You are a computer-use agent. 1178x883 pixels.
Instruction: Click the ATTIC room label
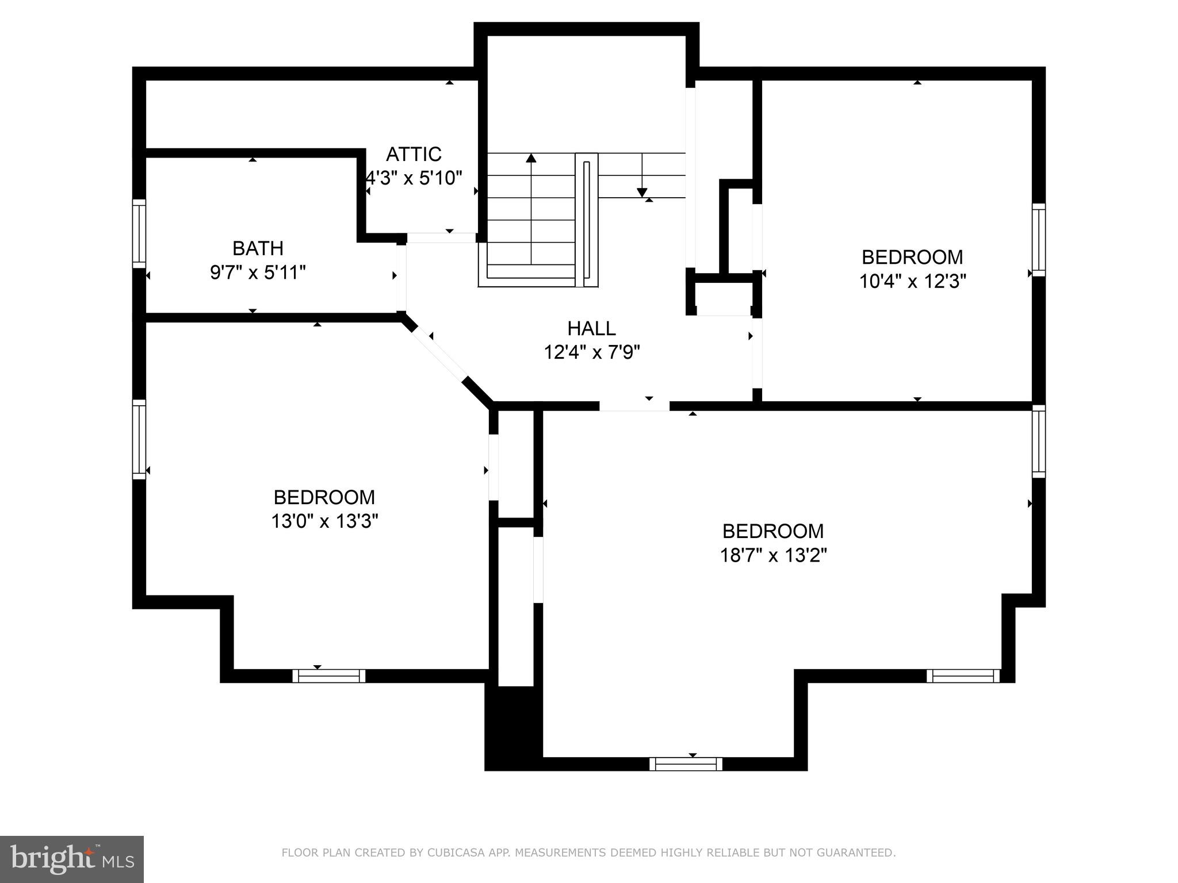[x=414, y=154]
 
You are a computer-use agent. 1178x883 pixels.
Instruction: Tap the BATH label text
[x=258, y=248]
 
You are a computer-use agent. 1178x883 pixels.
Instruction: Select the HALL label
[x=591, y=328]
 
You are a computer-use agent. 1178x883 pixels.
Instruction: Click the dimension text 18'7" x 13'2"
[x=773, y=555]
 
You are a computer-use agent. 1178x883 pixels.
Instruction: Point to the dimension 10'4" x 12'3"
[x=912, y=281]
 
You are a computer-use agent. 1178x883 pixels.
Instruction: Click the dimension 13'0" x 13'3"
[x=324, y=521]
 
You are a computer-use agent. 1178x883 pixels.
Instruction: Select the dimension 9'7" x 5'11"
[x=258, y=272]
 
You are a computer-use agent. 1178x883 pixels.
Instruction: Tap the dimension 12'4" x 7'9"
[x=592, y=352]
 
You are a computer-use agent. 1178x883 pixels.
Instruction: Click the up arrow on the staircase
[x=531, y=159]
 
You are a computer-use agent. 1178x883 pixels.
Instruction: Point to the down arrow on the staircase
[x=642, y=192]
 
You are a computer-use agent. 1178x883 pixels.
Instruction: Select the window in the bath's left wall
[x=139, y=233]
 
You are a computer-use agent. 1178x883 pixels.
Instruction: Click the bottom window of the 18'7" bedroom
[x=686, y=763]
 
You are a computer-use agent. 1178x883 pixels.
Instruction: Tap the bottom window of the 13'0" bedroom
[x=328, y=675]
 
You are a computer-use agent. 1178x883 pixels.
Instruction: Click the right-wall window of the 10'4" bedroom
[x=1038, y=240]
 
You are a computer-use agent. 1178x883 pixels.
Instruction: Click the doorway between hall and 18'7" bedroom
[x=634, y=406]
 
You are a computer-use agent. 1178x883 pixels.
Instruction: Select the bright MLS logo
[x=72, y=859]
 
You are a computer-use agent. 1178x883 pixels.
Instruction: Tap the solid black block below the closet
[x=513, y=727]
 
